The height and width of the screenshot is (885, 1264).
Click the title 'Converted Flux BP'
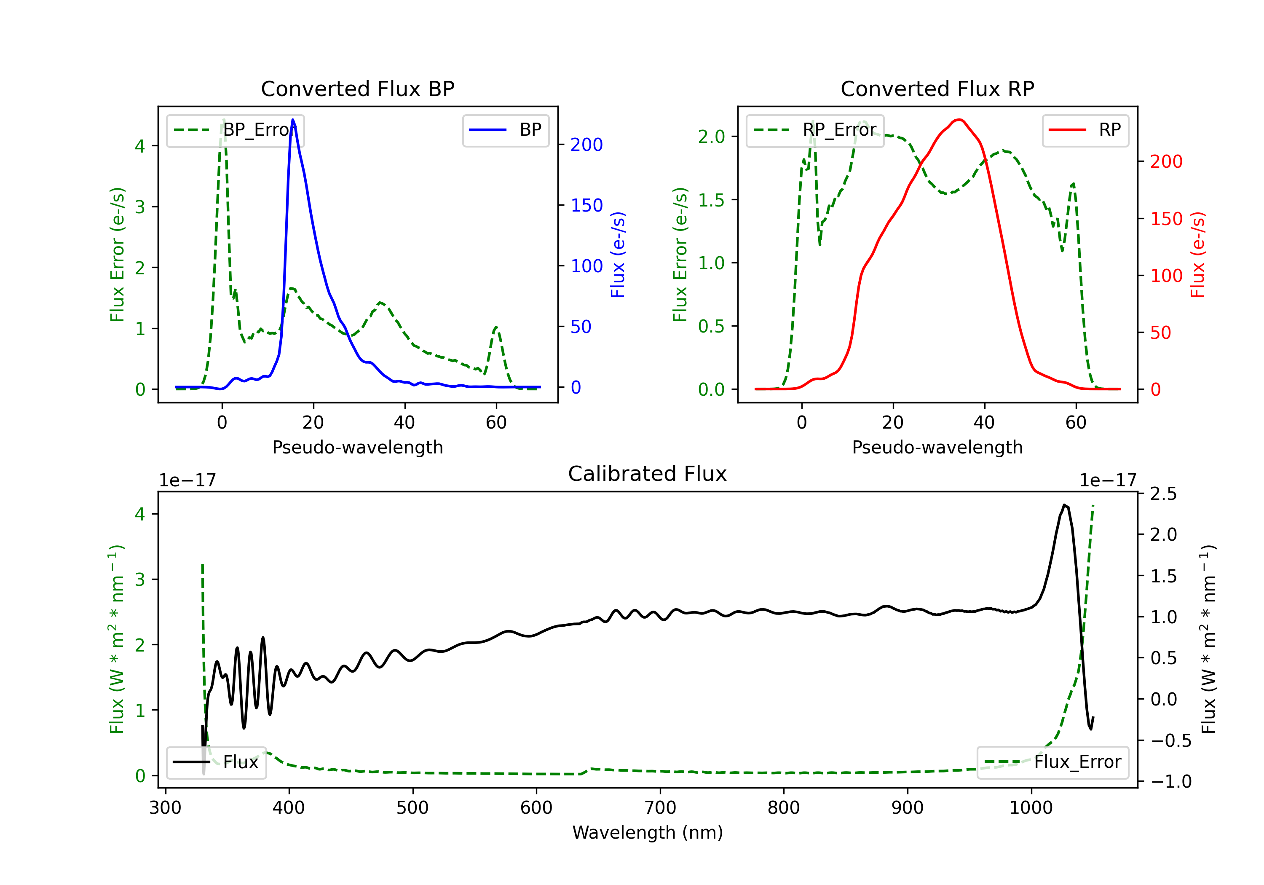pos(357,88)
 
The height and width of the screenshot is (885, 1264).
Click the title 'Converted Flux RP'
pos(937,88)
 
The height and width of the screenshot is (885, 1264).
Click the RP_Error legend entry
pos(815,130)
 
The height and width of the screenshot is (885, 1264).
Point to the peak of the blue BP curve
pos(293,120)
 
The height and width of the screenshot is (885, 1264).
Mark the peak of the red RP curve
pos(959,120)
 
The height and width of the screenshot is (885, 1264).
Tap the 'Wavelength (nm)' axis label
pos(648,832)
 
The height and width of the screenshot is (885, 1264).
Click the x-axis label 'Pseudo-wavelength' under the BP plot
pos(357,447)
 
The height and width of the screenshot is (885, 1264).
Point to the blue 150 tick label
pos(586,205)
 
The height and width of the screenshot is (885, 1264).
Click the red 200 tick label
pos(1166,162)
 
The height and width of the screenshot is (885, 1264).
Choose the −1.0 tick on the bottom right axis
pos(1170,781)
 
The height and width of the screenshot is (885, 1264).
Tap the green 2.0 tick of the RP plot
pos(711,137)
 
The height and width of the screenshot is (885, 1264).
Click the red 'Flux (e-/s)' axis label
pos(1198,255)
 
